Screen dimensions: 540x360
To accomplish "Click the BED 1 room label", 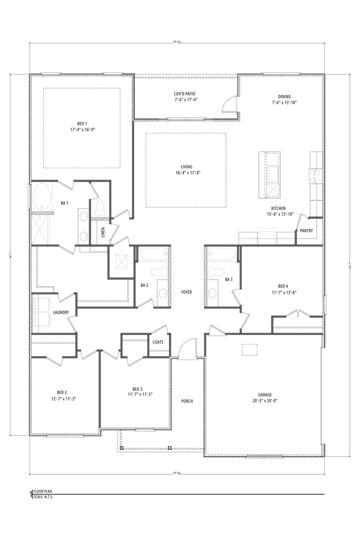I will click(x=82, y=124).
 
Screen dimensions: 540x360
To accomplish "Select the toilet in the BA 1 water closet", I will click(x=100, y=207).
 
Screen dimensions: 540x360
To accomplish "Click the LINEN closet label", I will click(x=103, y=232).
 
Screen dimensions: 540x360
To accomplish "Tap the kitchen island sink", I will click(x=273, y=173).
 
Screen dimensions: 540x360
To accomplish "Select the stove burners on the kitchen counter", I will click(x=315, y=176).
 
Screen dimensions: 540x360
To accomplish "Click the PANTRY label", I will click(x=306, y=231).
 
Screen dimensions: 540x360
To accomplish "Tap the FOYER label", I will click(x=186, y=292).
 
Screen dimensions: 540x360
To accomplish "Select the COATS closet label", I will click(x=158, y=342).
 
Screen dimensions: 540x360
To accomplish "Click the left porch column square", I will click(x=122, y=448).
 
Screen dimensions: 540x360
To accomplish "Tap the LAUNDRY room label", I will click(x=61, y=313).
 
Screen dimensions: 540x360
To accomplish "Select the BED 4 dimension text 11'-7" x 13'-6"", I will click(x=282, y=292).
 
